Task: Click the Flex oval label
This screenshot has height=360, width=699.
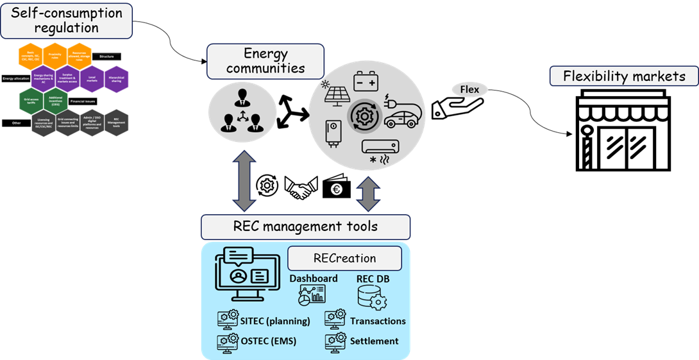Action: coord(469,89)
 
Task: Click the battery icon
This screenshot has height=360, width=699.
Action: coord(369,83)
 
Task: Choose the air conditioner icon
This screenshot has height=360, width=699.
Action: coord(380,149)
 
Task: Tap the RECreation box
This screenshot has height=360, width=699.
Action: coord(344,258)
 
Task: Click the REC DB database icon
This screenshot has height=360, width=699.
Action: coord(371,297)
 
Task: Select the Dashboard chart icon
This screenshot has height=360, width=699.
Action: coord(312,295)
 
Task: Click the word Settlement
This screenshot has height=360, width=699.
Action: coord(374,341)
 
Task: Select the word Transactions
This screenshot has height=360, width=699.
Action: coord(378,321)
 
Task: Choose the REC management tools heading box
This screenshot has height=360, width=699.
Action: coord(305,227)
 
